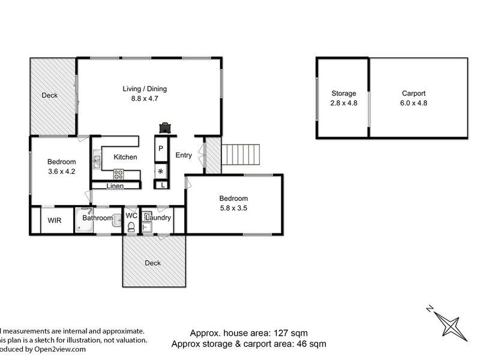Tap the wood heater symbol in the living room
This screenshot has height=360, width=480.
(165, 127)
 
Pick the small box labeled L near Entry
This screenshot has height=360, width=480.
(163, 185)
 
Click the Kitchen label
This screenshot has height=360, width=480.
(125, 157)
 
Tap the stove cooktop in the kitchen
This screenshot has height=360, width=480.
(119, 175)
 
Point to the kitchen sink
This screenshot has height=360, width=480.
(97, 161)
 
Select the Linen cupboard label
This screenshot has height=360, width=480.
(115, 186)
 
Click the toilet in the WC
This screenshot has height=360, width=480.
(131, 226)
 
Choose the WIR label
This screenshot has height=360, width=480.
(53, 220)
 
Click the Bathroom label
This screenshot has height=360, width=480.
(98, 218)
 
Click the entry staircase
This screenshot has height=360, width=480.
(242, 155)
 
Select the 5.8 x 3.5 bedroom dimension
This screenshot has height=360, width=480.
(233, 208)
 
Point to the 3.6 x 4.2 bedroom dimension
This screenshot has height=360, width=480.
(62, 171)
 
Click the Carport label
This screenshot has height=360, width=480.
(413, 94)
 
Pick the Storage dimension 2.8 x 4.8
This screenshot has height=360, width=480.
(344, 103)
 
